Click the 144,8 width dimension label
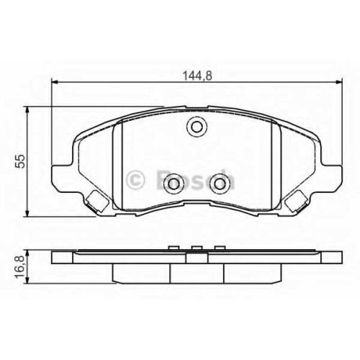coord(197,76)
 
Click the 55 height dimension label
coord(20,161)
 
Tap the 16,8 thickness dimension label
coord(20,266)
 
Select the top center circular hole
coord(197,126)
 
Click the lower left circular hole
coord(174,184)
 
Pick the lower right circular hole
coord(219,184)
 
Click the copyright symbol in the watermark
coord(135,180)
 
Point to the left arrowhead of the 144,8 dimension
coord(55,82)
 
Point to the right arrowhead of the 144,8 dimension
coord(338,82)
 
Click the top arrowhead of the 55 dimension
coord(27,109)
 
